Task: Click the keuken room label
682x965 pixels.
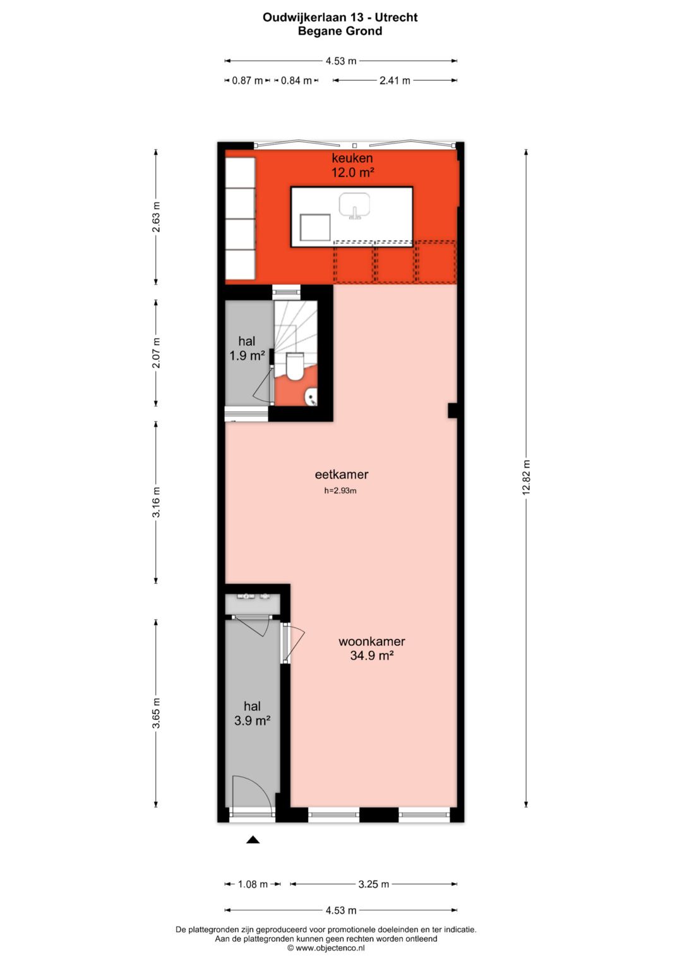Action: (352, 165)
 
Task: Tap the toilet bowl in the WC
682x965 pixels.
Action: (295, 367)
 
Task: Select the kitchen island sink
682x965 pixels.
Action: (354, 206)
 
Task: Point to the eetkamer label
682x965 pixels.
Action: (342, 475)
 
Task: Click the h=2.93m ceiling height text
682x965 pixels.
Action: (340, 491)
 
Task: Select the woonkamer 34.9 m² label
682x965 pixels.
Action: (372, 648)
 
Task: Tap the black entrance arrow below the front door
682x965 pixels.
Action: (253, 840)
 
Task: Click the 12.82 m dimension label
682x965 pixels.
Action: (526, 478)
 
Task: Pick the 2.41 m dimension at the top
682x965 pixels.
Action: (395, 80)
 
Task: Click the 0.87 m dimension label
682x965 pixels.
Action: (247, 80)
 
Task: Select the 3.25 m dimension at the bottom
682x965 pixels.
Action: (373, 884)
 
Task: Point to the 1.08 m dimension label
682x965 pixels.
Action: (253, 884)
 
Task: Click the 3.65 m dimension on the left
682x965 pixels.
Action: (156, 713)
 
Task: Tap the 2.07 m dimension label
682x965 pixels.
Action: (156, 353)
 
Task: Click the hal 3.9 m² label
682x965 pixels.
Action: (252, 713)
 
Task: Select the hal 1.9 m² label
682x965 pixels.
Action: (246, 349)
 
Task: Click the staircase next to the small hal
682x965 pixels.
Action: (294, 322)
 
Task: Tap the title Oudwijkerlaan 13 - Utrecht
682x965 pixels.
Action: (340, 18)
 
